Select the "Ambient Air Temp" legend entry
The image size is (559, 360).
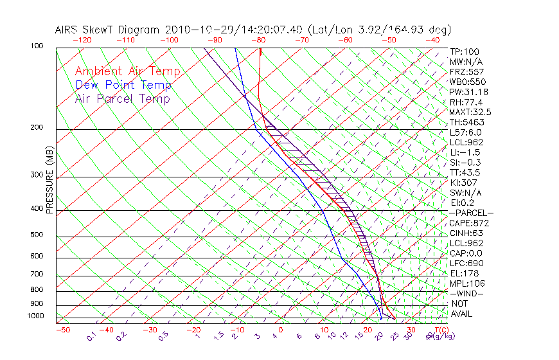128,71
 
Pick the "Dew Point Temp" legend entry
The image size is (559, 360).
123,85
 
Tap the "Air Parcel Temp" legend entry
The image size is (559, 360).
123,98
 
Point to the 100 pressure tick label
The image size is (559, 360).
37,46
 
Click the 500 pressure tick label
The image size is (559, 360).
37,235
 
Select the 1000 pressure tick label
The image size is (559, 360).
35,316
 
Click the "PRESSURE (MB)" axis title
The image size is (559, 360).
49,180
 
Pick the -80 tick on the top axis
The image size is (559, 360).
259,40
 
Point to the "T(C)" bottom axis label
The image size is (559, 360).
441,330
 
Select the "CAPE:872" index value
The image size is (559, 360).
469,223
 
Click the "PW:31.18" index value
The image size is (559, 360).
468,92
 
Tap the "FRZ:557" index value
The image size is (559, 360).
466,71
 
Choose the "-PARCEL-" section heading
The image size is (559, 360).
471,213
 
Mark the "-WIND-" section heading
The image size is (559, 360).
467,293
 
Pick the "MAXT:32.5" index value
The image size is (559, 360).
470,112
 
